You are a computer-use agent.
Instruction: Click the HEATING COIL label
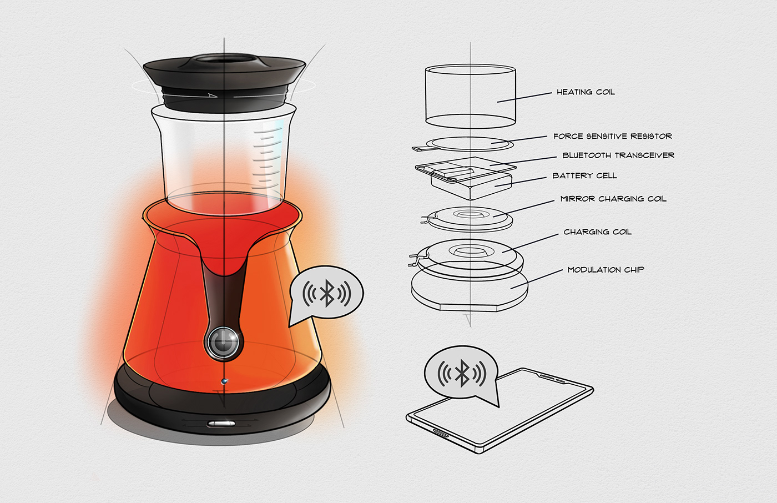(586, 92)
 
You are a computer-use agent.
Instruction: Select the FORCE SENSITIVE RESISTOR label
(612, 136)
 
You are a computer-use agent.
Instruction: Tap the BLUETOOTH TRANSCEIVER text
(618, 155)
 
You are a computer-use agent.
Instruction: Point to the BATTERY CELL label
(584, 175)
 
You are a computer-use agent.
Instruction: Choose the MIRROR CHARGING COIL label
(613, 199)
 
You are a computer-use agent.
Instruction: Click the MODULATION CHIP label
(606, 270)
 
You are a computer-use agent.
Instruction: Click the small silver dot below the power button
(224, 381)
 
